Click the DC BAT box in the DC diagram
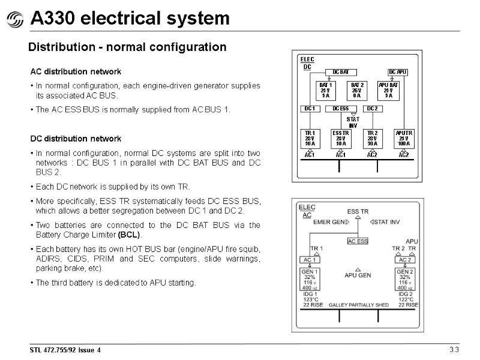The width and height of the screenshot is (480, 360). pos(340,72)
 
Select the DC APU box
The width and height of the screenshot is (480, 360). pos(398,72)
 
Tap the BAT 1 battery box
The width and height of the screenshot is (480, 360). pos(325,90)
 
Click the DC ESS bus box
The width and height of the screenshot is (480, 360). pos(340,109)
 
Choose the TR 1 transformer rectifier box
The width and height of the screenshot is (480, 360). pos(310,139)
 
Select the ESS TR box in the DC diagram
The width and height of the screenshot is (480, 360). pos(341,139)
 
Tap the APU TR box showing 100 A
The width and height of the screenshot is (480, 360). pos(403,139)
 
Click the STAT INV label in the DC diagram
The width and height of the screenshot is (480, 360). pos(353,122)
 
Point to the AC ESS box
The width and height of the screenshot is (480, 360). pos(358,241)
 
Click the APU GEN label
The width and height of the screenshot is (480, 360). pos(358,275)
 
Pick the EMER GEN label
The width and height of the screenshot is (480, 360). pos(331,222)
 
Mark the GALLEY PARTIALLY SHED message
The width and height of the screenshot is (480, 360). pos(358,305)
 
